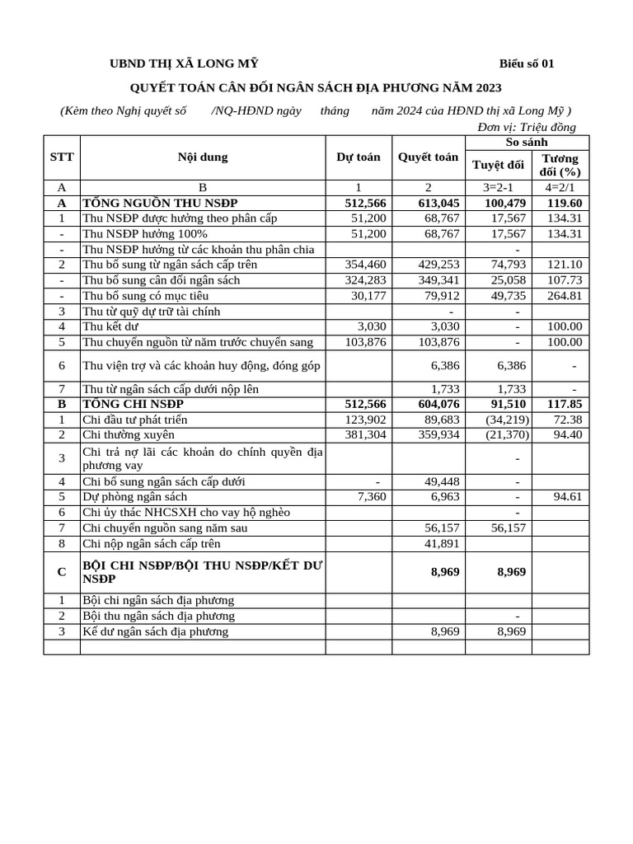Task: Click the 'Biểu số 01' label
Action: (527, 64)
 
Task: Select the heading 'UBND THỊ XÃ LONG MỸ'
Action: (185, 64)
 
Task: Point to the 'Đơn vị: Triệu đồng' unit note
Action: (527, 127)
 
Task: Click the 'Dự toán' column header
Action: (359, 157)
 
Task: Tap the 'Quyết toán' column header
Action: (428, 157)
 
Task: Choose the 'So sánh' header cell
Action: (527, 142)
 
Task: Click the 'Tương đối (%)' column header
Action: (560, 165)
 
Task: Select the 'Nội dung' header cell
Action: (202, 157)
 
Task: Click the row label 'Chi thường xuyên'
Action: (129, 434)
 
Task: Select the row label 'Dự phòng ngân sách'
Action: (135, 497)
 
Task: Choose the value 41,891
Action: (441, 544)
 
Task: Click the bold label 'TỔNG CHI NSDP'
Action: (133, 404)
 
